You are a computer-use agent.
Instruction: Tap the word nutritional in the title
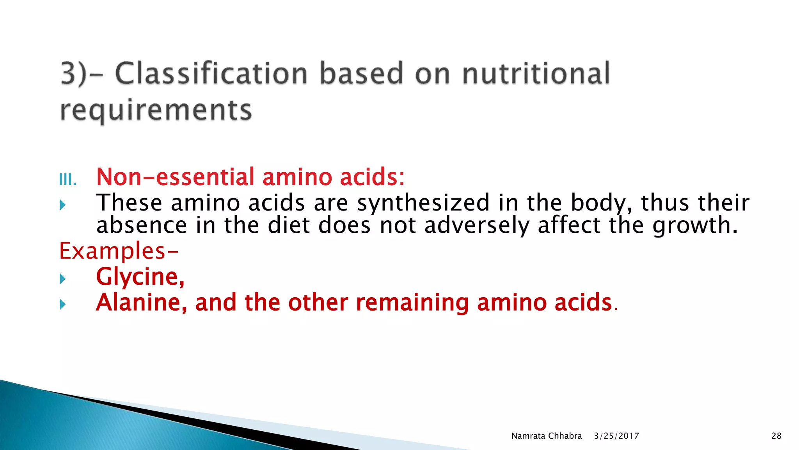coord(536,73)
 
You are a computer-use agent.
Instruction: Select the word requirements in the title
coord(156,111)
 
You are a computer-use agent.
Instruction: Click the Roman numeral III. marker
coord(67,180)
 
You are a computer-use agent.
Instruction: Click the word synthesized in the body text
coord(423,203)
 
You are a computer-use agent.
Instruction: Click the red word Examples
coord(112,251)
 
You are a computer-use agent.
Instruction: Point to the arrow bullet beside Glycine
coord(62,279)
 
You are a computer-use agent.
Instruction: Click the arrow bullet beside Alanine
coord(62,304)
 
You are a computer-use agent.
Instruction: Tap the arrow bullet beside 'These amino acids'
coord(62,205)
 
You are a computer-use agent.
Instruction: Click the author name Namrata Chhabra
coord(546,436)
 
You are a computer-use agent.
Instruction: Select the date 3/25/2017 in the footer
coord(616,436)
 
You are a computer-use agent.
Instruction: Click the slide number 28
coord(776,436)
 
